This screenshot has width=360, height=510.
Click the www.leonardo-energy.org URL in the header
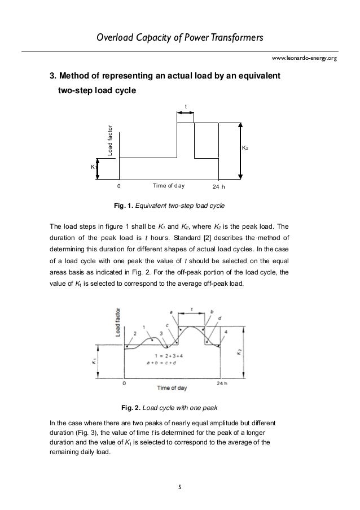tap(304, 58)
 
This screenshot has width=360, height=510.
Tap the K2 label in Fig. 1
tap(246, 148)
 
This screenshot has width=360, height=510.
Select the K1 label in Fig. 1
tap(94, 167)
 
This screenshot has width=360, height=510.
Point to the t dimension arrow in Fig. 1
tap(186, 113)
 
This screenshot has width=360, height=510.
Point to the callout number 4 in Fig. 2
tap(227, 330)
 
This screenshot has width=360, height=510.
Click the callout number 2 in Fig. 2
tap(135, 333)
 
